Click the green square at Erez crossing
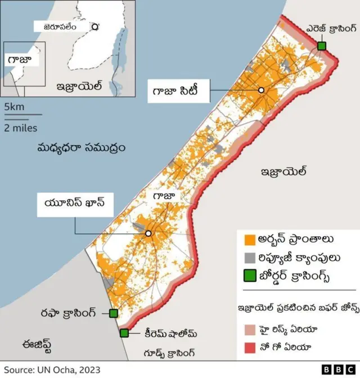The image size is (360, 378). click(x=321, y=46)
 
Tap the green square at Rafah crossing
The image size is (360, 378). click(x=114, y=313)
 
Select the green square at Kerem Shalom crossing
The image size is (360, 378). click(x=124, y=333)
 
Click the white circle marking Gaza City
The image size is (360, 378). click(x=261, y=90)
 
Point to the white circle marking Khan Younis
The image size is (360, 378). click(x=148, y=233)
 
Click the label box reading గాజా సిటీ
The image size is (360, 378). click(x=179, y=90)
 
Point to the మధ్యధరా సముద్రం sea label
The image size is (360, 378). click(x=81, y=148)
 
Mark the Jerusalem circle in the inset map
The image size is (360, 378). click(x=95, y=26)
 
